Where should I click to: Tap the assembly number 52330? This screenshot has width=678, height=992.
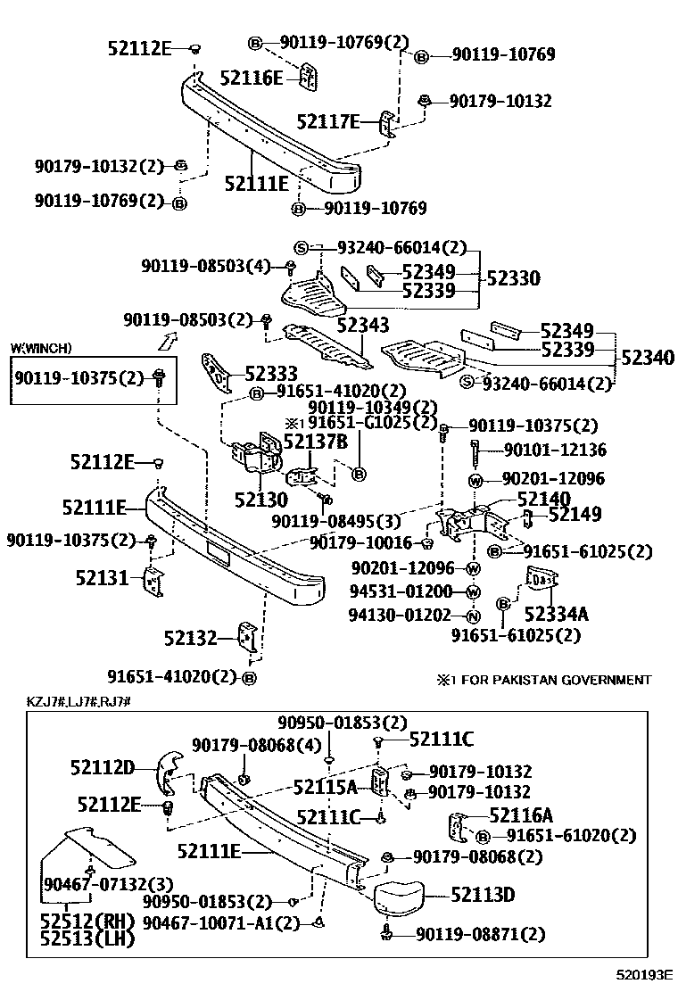click(513, 278)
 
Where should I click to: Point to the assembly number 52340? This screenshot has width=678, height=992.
click(648, 358)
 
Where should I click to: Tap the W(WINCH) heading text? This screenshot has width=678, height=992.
click(41, 348)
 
